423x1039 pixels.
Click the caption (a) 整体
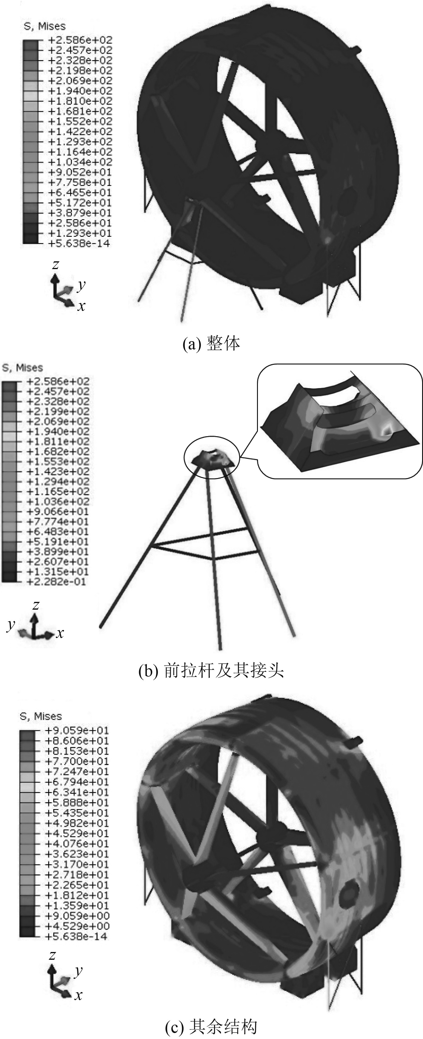pyautogui.click(x=211, y=344)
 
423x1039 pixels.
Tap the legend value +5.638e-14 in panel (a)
pyautogui.click(x=79, y=243)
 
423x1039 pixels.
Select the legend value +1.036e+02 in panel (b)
pyautogui.click(x=58, y=501)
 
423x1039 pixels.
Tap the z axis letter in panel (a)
pyautogui.click(x=56, y=265)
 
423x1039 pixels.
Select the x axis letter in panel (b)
pyautogui.click(x=60, y=633)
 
